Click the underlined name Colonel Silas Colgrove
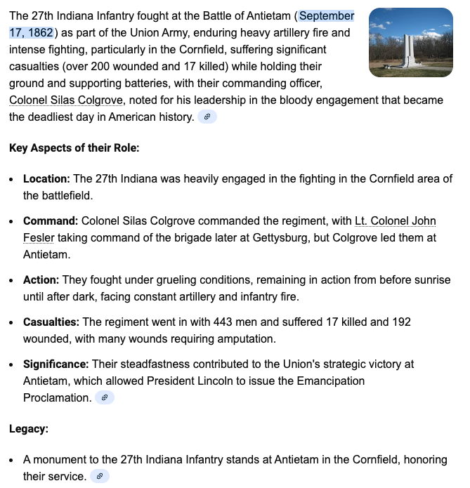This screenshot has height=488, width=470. (66, 100)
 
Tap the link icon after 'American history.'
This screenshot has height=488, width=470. (207, 117)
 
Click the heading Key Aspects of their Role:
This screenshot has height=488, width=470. (74, 148)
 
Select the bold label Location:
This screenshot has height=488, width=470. (46, 179)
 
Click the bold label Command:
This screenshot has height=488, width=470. (51, 221)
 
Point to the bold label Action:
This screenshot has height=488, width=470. (39, 280)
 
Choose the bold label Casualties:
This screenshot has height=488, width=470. (51, 322)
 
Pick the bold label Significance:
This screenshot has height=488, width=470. (56, 364)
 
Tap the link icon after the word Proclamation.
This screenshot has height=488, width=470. (104, 398)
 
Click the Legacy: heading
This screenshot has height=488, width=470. (30, 429)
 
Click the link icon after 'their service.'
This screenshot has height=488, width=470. (100, 477)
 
